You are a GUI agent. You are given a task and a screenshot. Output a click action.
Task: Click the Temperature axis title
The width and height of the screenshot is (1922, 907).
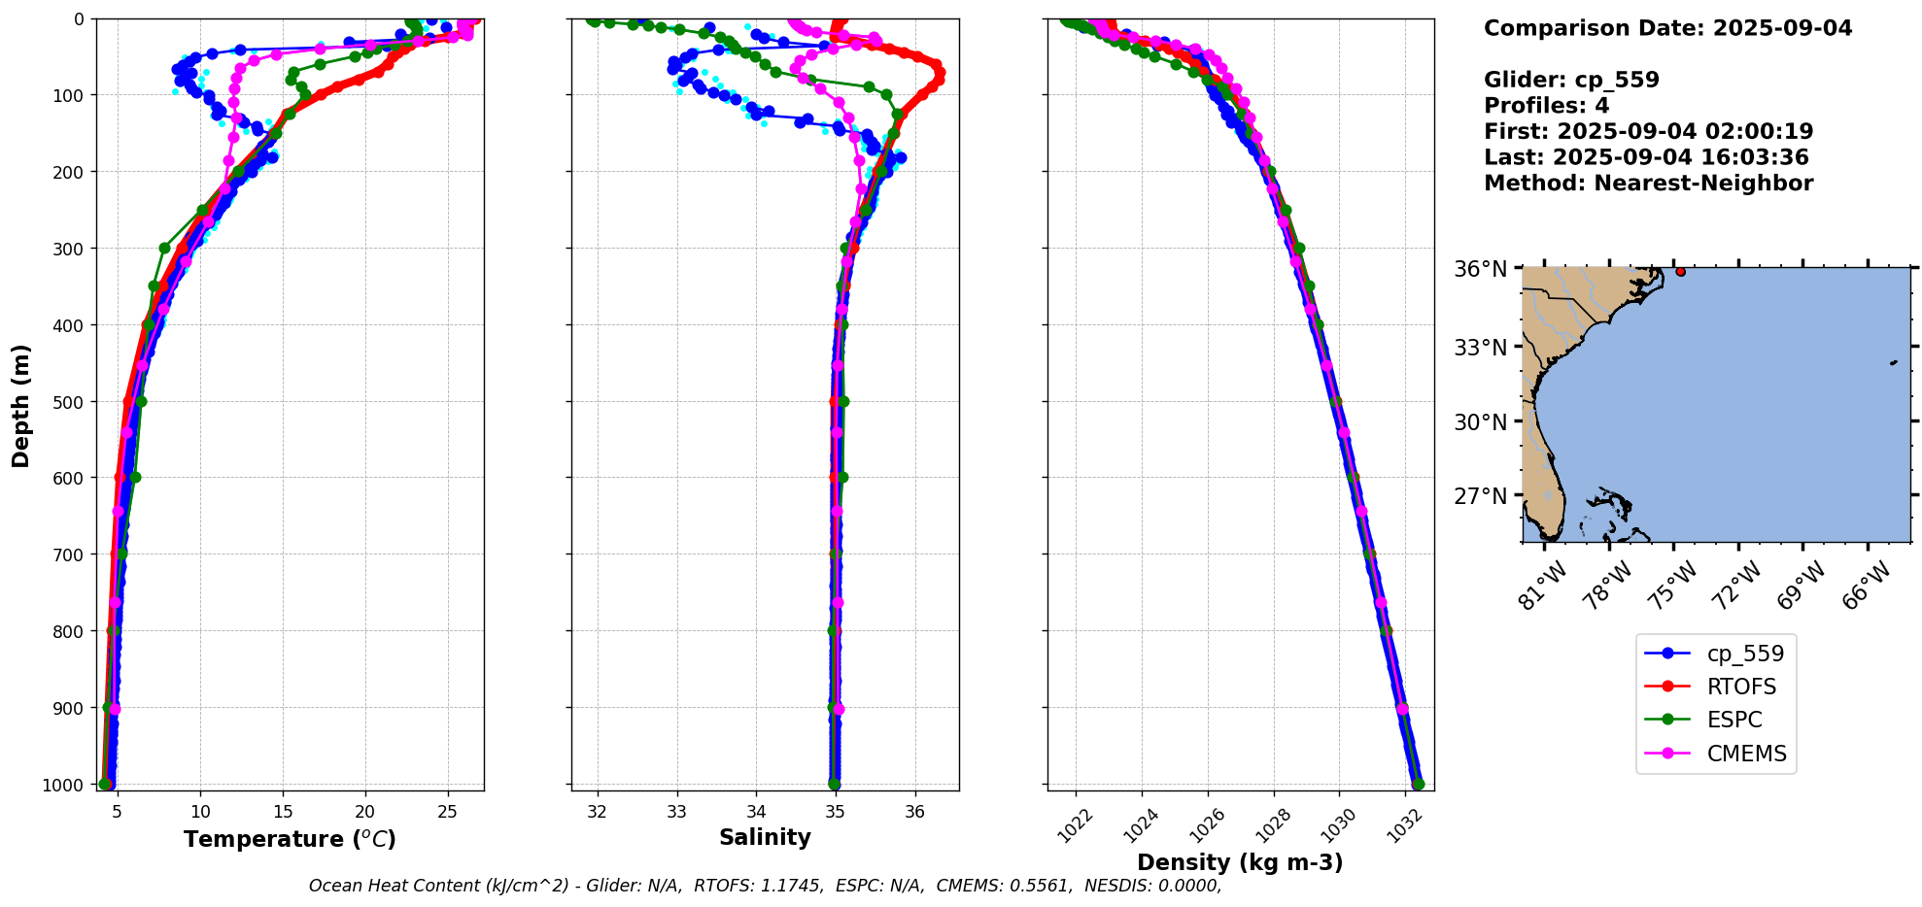(x=290, y=839)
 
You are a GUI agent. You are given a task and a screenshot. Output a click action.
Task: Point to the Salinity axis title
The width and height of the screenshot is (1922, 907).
(x=765, y=837)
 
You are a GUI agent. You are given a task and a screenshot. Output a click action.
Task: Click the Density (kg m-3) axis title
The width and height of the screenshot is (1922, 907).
(x=1240, y=862)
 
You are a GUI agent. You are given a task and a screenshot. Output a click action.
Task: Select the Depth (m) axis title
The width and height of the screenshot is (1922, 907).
(x=21, y=405)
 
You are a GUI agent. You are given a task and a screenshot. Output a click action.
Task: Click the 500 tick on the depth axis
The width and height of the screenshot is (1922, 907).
(x=71, y=401)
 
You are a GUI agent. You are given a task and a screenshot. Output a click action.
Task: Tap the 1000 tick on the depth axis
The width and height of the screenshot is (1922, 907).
(x=66, y=785)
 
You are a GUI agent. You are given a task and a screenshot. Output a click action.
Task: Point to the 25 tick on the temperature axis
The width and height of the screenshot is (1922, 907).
(x=447, y=812)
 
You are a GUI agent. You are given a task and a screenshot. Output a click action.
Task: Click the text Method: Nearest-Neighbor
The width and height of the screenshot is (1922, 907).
(x=1648, y=184)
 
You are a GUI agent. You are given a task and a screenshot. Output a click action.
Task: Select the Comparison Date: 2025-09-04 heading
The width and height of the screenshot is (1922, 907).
(x=1667, y=28)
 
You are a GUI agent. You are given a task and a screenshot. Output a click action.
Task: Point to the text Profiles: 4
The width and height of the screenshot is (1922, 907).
(x=1546, y=106)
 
